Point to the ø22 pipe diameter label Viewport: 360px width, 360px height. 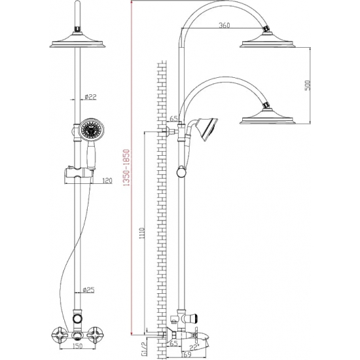(x=91, y=98)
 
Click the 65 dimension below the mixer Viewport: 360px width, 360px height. (x=173, y=342)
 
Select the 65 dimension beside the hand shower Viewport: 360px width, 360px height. (x=173, y=119)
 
